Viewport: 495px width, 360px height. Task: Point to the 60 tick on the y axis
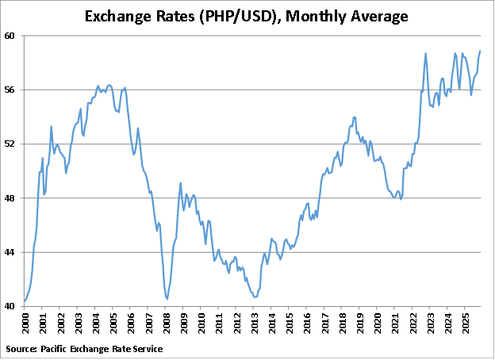click(13, 36)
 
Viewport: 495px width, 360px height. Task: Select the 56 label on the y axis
click(13, 90)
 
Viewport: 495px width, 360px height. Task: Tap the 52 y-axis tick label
click(13, 144)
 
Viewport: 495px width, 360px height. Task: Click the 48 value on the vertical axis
click(13, 197)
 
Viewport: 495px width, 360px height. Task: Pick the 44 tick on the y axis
click(13, 252)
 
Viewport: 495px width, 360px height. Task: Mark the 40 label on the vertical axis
click(13, 306)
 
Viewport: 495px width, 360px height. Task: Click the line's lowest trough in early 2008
click(167, 298)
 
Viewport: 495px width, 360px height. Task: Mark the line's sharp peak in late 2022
click(426, 53)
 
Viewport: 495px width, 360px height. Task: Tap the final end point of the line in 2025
click(480, 51)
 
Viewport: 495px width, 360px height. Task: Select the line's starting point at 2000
click(25, 301)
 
